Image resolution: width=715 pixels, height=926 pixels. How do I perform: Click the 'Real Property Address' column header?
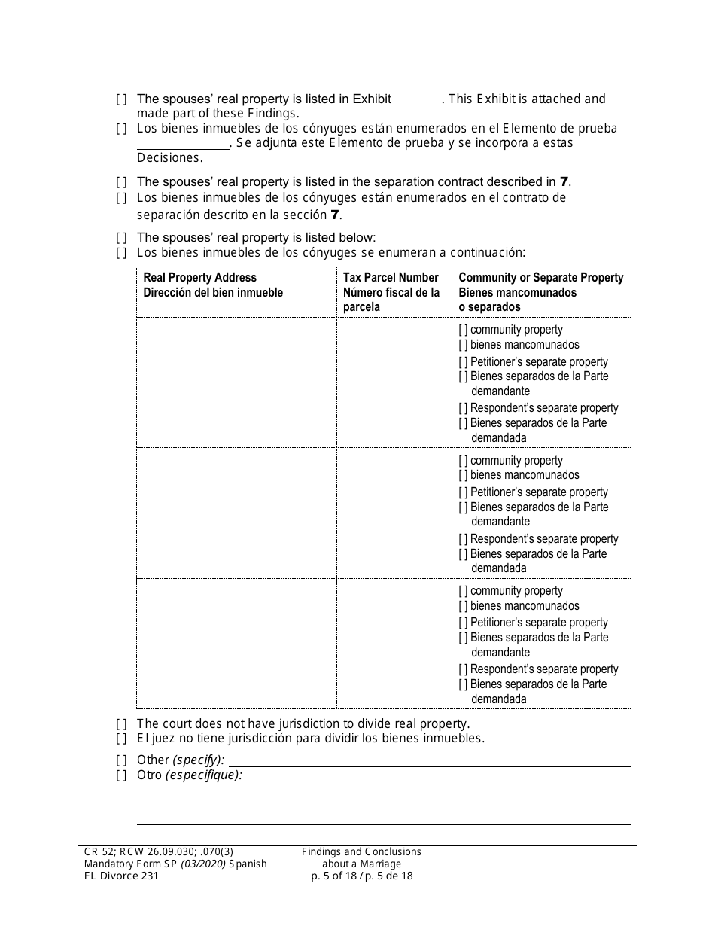click(200, 278)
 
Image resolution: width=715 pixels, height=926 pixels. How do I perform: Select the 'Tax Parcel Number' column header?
click(391, 278)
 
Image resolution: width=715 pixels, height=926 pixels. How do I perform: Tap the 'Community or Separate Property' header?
click(540, 278)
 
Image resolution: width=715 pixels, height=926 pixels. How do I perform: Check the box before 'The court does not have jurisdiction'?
click(121, 724)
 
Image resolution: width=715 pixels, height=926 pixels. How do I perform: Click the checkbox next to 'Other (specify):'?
click(121, 760)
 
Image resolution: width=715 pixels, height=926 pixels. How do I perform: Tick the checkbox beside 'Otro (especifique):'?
click(121, 775)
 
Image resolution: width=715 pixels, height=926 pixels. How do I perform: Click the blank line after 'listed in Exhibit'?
click(418, 100)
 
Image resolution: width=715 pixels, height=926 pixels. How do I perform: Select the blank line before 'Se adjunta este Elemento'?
click(183, 144)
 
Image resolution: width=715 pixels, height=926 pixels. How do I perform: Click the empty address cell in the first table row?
click(236, 382)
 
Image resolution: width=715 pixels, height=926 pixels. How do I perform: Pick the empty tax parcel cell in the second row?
click(394, 513)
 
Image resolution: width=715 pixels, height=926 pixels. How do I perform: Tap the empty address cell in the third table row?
click(236, 644)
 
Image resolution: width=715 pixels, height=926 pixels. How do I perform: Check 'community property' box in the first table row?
click(464, 330)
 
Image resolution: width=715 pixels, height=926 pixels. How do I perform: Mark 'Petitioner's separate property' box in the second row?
click(464, 492)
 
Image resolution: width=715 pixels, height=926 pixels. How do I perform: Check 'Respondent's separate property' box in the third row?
click(464, 669)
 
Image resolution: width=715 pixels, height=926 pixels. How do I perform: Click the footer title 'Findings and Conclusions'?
click(361, 852)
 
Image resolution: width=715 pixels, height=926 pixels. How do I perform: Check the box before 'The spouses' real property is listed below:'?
click(121, 238)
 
